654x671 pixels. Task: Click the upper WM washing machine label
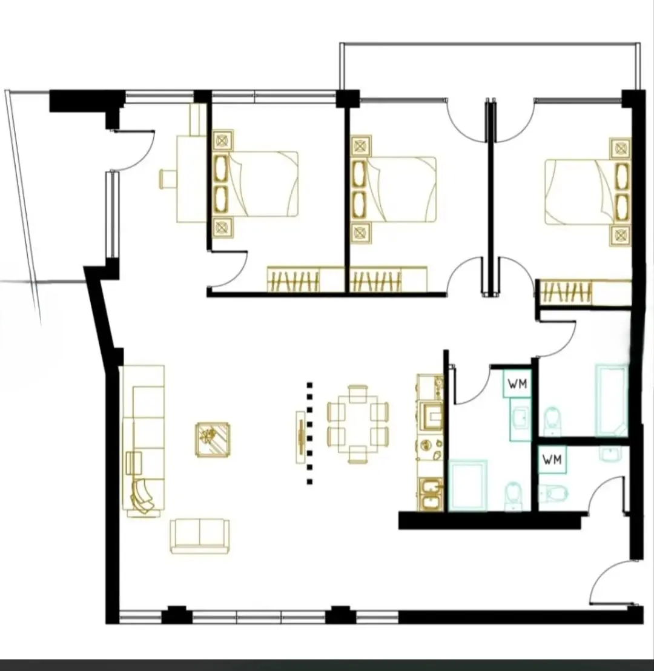coord(517,384)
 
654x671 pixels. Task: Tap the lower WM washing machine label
coord(552,460)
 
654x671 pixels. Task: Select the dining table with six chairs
coord(358,424)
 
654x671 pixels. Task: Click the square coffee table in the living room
coord(213,440)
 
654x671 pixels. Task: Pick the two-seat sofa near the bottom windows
coord(199,537)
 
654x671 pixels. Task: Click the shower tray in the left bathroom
coord(467,485)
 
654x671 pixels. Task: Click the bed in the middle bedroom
coord(394,189)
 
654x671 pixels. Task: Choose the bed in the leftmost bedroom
coord(256,183)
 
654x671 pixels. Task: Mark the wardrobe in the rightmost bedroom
coord(583,293)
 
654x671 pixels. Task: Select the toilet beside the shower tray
coord(513,496)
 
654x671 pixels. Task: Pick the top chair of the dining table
coord(358,393)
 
